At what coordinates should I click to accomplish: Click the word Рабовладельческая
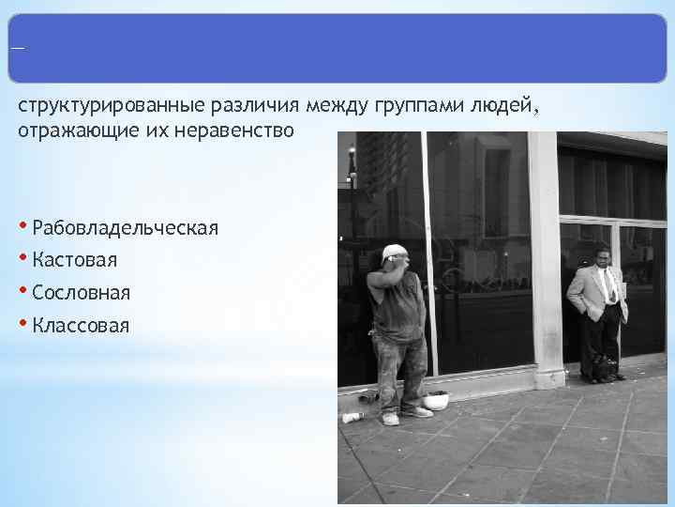click(x=125, y=227)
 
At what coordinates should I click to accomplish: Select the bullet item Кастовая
click(x=74, y=260)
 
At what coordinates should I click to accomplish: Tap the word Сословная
click(x=81, y=293)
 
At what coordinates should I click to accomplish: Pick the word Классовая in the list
click(x=81, y=326)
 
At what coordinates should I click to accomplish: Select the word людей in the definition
click(x=507, y=106)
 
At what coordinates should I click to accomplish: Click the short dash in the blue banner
click(x=16, y=49)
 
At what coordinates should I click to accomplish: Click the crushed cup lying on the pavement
click(x=352, y=417)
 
